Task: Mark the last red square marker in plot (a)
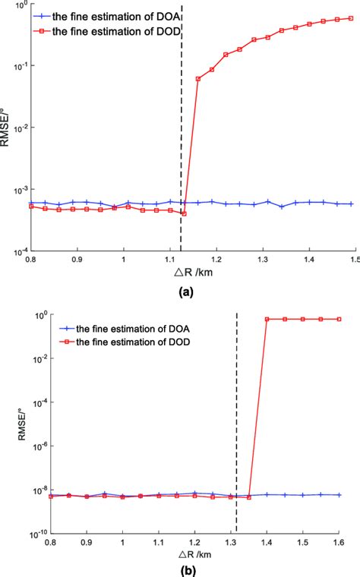pyautogui.click(x=351, y=18)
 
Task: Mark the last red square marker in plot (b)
pyautogui.click(x=339, y=319)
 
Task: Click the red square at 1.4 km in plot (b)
pyautogui.click(x=267, y=319)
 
